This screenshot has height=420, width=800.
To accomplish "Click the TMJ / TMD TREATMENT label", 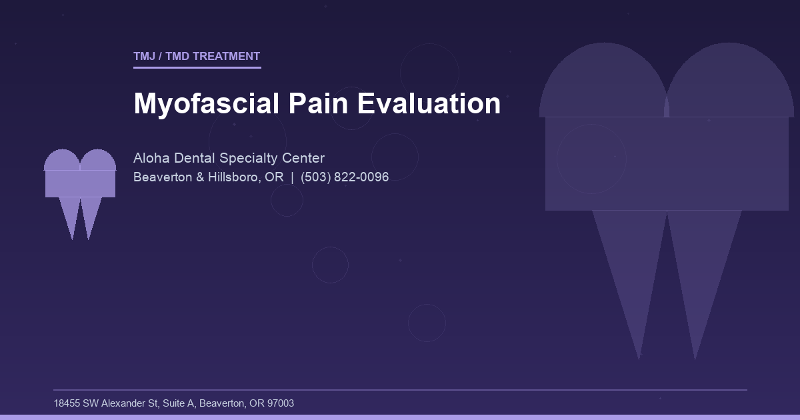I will [197, 57].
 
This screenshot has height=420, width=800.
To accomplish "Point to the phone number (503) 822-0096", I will [345, 177].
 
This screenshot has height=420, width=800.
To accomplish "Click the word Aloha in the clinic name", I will [151, 158].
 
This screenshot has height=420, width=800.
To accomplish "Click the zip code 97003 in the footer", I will [280, 403].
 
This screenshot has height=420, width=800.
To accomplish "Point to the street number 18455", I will [67, 403].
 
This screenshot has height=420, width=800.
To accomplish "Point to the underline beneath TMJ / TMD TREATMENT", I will [197, 67].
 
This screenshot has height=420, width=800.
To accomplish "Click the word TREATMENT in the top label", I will [226, 57].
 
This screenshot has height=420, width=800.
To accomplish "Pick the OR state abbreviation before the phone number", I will [275, 177].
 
